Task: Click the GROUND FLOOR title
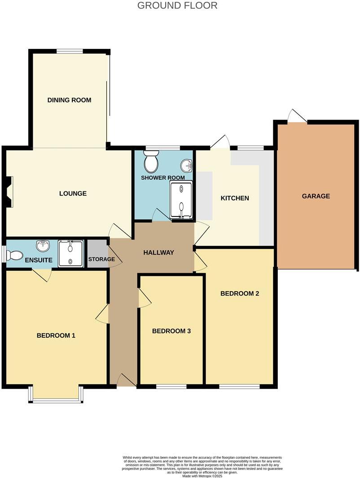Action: point(177,6)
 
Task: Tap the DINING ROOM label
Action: point(69,100)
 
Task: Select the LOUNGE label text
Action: point(73,194)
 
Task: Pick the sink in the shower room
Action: point(187,166)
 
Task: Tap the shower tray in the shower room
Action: point(181,200)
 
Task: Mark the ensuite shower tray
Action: point(70,253)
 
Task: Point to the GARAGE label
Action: point(316,196)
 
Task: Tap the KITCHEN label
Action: point(234,198)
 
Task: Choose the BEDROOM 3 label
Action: point(171,331)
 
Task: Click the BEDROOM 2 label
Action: point(240,294)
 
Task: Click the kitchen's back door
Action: point(220,143)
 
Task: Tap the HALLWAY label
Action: point(158,253)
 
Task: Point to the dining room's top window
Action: point(70,51)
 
